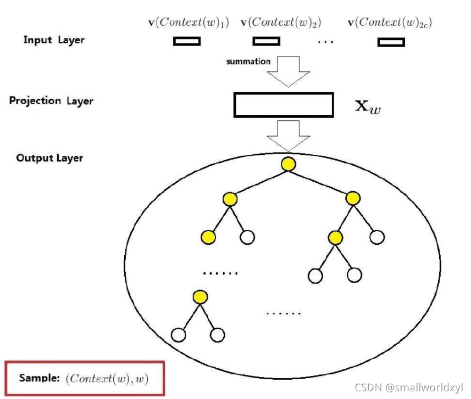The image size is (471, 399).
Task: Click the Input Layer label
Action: point(54,40)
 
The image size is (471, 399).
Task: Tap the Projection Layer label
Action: point(51,101)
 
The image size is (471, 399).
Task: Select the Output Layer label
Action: point(49,158)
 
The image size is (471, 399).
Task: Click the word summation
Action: point(248,61)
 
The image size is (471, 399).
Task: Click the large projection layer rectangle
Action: point(284,105)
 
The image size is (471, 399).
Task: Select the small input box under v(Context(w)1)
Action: point(187,41)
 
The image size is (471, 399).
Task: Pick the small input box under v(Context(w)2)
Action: point(267,41)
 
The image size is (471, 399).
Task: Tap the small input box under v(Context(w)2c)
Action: point(391,42)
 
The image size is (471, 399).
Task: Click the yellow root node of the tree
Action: point(288,164)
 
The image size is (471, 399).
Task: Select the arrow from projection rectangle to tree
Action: point(287,135)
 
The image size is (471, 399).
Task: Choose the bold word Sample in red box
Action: point(39,378)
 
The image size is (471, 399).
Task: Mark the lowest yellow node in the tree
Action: point(200,297)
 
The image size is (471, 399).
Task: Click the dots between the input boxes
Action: point(325,43)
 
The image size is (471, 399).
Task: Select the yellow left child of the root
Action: point(230,199)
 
